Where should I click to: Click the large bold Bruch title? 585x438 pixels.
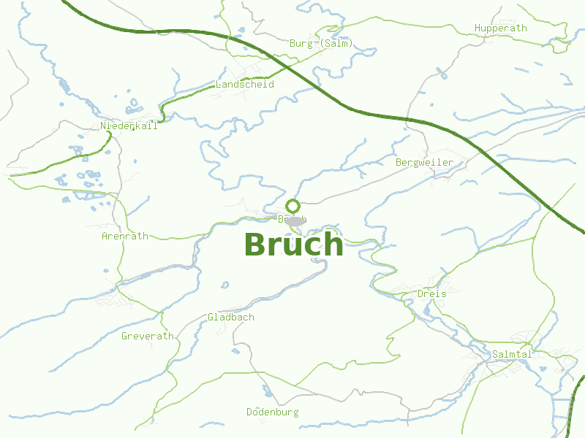(x=293, y=245)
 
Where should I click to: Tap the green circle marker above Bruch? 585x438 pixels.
(x=293, y=206)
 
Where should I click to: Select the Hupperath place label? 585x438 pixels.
(x=500, y=28)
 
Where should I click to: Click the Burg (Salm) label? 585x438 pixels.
(x=321, y=43)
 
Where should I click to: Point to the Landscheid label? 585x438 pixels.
(x=244, y=84)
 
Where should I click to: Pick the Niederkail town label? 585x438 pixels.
(x=129, y=126)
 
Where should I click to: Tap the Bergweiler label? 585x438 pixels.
(x=424, y=162)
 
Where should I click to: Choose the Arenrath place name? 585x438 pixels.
(x=125, y=236)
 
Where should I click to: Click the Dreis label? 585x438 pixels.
(x=431, y=293)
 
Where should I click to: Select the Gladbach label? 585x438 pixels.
(x=231, y=317)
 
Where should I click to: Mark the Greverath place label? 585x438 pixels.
(x=148, y=336)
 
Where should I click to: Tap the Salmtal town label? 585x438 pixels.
(x=512, y=354)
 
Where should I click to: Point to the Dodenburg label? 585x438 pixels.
(x=272, y=412)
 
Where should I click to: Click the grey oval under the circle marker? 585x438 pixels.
(x=294, y=220)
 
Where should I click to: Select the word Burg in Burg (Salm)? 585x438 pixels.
(x=301, y=43)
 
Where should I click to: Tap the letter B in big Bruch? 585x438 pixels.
(x=254, y=245)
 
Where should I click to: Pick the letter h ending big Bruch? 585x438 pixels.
(x=333, y=245)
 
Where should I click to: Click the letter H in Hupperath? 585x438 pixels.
(x=477, y=28)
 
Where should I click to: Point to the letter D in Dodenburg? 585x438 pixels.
(x=249, y=412)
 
